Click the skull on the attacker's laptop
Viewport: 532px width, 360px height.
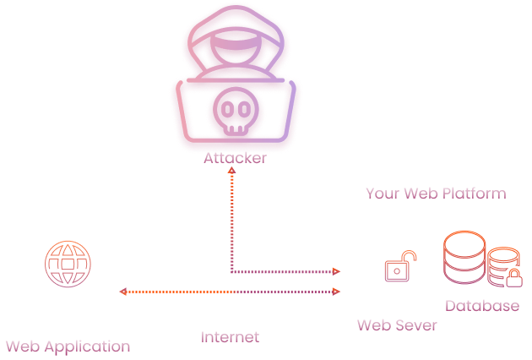[234, 113]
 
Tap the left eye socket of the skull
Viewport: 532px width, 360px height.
[226, 109]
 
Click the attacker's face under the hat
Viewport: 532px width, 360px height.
[233, 62]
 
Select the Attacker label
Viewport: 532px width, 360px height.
[234, 158]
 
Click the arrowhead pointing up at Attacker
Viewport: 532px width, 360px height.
[232, 172]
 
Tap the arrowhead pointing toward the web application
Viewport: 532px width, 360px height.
[123, 292]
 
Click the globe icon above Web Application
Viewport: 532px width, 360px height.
[66, 266]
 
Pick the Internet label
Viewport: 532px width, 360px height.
[230, 337]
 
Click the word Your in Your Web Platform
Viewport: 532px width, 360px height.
[382, 194]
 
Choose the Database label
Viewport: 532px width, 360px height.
[482, 305]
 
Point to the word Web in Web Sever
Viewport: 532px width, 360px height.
[373, 325]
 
